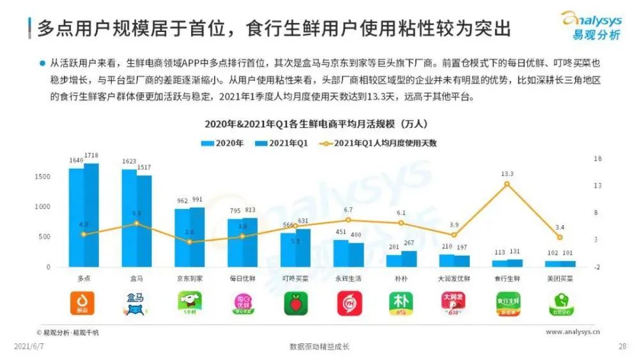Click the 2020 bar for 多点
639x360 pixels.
(76, 217)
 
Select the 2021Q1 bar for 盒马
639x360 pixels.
(144, 221)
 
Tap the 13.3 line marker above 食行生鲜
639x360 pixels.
(507, 184)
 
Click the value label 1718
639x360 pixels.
(92, 156)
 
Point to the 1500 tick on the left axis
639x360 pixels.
(42, 176)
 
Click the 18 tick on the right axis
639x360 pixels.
(597, 159)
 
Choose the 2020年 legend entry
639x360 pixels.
(223, 143)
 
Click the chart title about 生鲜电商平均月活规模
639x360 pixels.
(320, 124)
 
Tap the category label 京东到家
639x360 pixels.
(189, 279)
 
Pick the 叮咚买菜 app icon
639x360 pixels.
(295, 304)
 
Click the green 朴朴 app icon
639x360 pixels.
(401, 304)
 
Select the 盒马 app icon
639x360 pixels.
(136, 304)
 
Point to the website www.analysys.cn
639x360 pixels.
(573, 332)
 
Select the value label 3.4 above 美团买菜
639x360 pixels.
(560, 227)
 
